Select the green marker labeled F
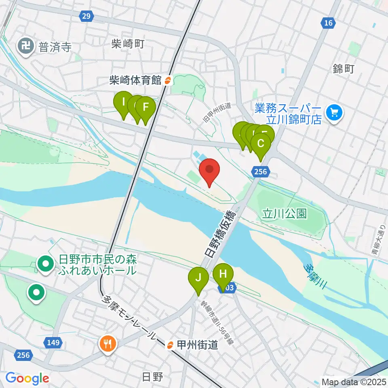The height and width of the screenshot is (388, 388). [145, 109]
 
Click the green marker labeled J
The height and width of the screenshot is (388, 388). [198, 279]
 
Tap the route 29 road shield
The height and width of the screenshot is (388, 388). [86, 16]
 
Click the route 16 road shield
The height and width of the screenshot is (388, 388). [328, 23]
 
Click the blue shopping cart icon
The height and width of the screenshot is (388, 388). [334, 112]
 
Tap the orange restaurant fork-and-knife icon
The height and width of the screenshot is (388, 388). [107, 344]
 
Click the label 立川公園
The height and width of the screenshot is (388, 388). [285, 213]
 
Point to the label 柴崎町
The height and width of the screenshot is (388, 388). [127, 44]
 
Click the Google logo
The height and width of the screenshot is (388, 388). [27, 378]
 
